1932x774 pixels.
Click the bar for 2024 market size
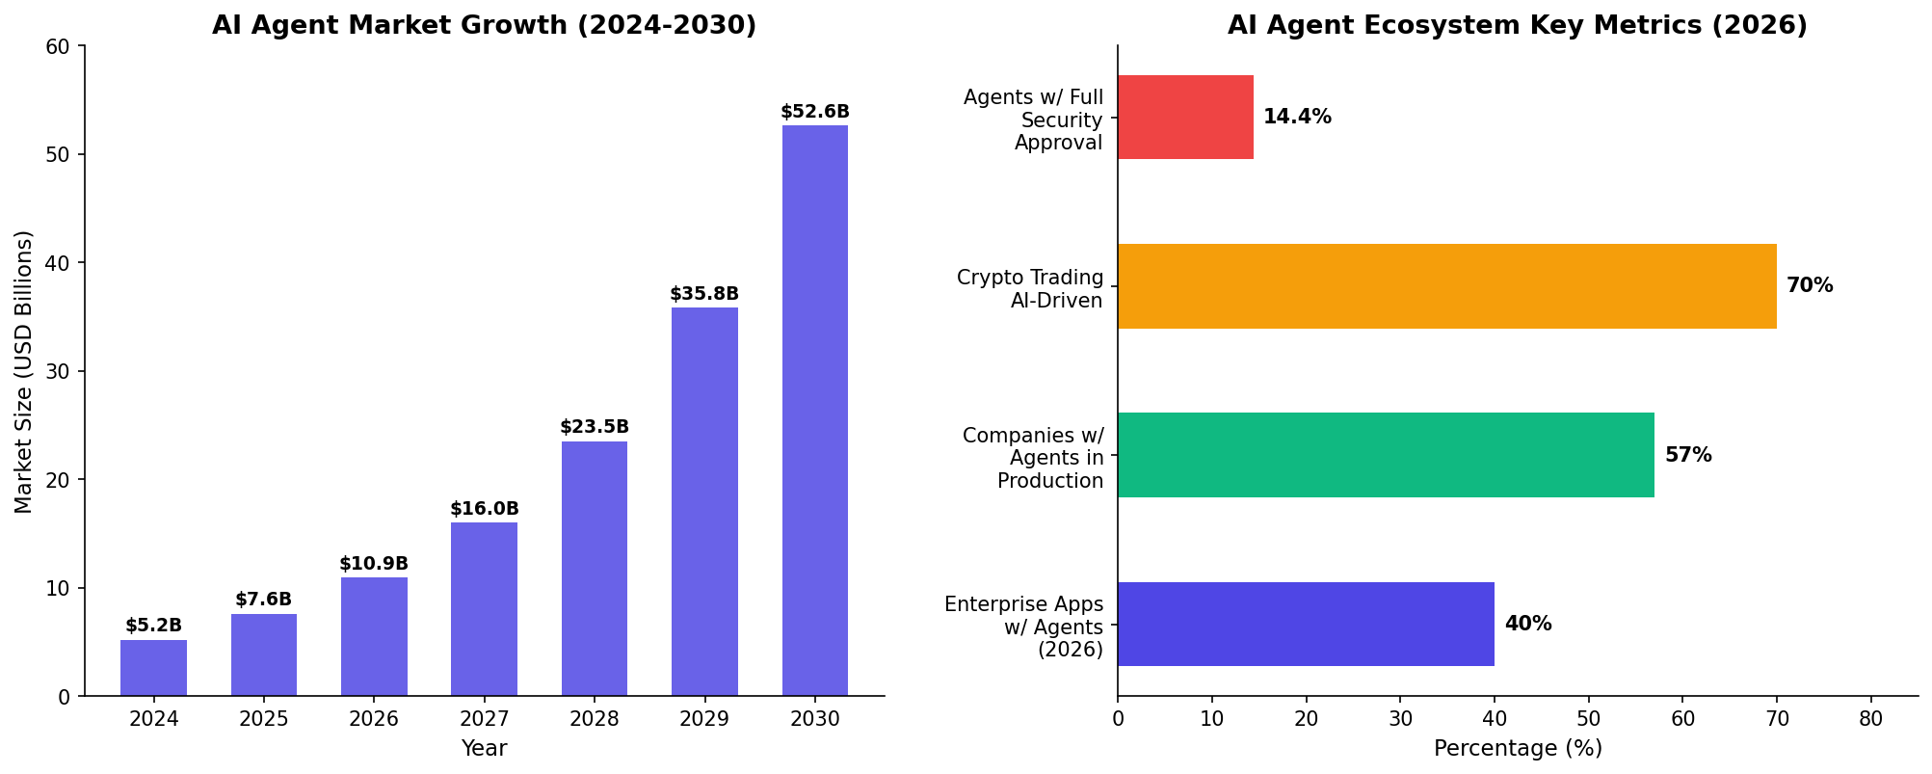(153, 668)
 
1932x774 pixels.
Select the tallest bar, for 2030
(814, 411)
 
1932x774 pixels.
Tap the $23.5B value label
(595, 427)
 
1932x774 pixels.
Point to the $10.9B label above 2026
(374, 564)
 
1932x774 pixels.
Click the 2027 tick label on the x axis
(484, 719)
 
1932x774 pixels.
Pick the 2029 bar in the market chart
(704, 501)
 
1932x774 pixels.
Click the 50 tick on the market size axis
(60, 155)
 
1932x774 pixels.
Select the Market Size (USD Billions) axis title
(24, 371)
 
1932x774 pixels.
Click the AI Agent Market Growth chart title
(484, 26)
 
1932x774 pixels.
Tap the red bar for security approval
(1185, 118)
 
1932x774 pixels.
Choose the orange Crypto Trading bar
(1446, 286)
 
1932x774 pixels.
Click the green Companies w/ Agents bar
(1386, 455)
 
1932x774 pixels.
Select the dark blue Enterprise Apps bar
(1306, 624)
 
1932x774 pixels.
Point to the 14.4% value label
(1297, 118)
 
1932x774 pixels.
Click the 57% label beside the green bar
(1688, 455)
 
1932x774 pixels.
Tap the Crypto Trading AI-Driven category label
(1030, 289)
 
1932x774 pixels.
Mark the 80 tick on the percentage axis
(1870, 719)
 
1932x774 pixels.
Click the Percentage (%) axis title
(1518, 749)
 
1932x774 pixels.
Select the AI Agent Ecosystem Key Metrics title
(1517, 26)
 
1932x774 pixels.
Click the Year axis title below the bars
(484, 749)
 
